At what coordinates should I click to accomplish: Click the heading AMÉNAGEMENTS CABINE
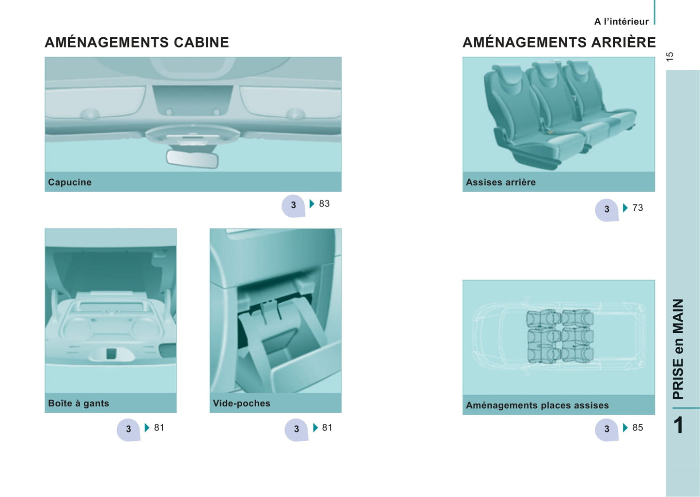pos(137,42)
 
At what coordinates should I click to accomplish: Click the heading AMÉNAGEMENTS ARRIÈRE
pos(559,42)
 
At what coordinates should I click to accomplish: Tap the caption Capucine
pos(70,182)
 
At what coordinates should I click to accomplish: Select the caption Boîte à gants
pos(78,403)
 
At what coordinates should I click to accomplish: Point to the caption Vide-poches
pos(242,403)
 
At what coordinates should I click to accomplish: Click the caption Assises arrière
pos(500,182)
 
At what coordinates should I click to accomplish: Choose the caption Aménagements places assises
pos(537,405)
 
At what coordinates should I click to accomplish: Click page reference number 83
pos(325,203)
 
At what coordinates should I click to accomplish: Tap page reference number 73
pos(638,207)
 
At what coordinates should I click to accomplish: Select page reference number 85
pos(638,427)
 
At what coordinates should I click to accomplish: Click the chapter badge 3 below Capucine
pos(293,206)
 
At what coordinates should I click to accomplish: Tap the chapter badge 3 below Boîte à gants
pos(128,430)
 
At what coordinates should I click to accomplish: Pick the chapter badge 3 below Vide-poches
pos(296,430)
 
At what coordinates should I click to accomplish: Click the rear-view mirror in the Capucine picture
pos(192,159)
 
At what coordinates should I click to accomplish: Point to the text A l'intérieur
pos(621,22)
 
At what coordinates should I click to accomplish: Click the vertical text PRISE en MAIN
pos(678,349)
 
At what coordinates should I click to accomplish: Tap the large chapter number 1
pos(678,425)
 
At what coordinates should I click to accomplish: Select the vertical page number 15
pos(669,57)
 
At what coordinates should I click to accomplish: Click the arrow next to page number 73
pos(625,207)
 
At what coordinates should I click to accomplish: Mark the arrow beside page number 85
pos(625,427)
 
